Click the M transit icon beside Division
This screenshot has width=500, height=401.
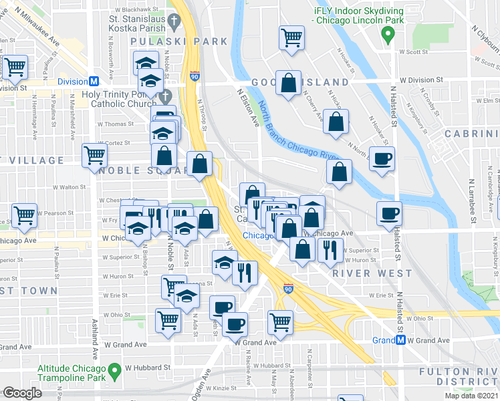click(x=94, y=81)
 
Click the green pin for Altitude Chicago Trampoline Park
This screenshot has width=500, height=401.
click(x=115, y=368)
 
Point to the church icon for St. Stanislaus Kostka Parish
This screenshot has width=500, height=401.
click(x=174, y=21)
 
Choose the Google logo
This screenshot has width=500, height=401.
click(x=23, y=392)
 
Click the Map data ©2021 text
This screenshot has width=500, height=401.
click(x=471, y=396)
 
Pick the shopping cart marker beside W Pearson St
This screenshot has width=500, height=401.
click(x=24, y=216)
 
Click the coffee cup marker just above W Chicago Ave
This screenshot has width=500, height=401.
click(x=389, y=214)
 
